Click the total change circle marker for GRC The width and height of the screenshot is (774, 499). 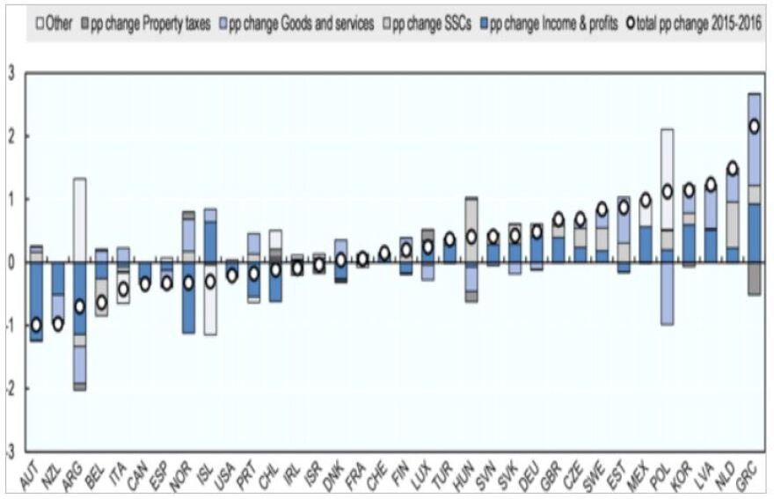coord(754,126)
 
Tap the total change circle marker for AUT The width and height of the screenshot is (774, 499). coord(36,325)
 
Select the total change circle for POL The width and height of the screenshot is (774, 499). coord(668,191)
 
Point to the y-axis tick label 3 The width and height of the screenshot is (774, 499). coord(11,74)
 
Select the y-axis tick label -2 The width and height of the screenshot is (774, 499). coord(10,388)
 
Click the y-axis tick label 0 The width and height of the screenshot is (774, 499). coord(11,262)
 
